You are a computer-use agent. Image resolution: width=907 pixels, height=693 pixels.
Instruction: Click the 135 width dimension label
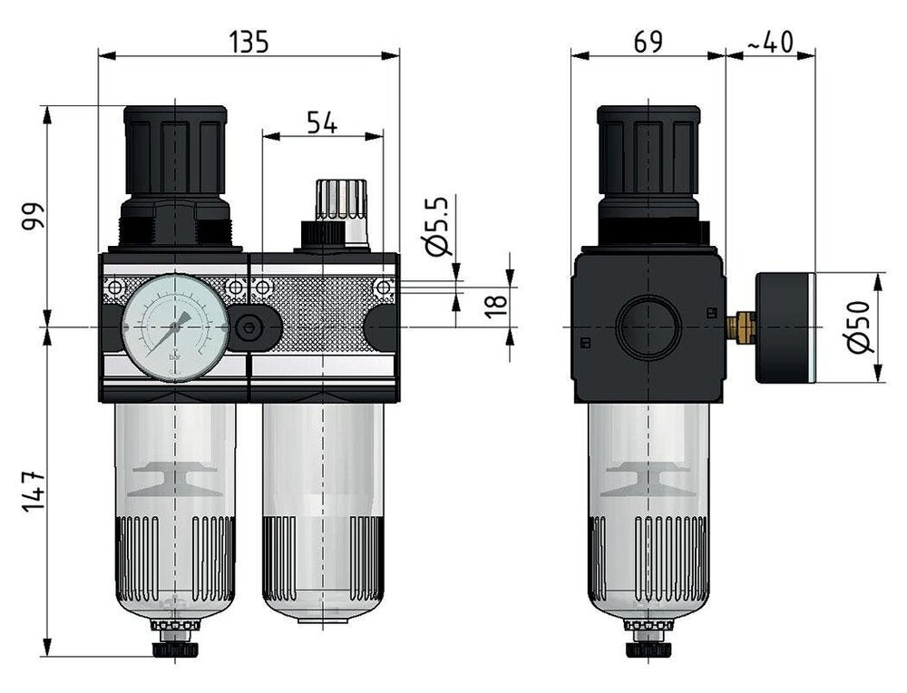click(249, 42)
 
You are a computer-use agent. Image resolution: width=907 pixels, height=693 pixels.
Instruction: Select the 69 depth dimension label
click(647, 42)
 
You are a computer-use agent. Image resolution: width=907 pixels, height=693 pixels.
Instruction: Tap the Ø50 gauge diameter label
click(862, 326)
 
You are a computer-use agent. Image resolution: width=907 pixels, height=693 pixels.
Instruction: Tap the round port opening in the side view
click(649, 325)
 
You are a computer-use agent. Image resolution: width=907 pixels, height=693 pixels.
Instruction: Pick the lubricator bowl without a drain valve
click(323, 517)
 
